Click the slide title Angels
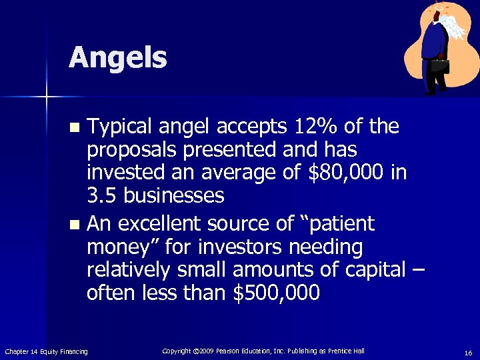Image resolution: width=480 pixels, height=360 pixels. coord(117,58)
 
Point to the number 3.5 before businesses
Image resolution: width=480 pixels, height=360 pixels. coord(102,196)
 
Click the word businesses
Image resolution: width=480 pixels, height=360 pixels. coord(174,196)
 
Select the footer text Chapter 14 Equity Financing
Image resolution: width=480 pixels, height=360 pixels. coord(46,351)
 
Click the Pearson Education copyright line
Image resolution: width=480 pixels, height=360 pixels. coord(263,351)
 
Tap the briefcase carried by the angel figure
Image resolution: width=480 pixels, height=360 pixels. coord(439,65)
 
